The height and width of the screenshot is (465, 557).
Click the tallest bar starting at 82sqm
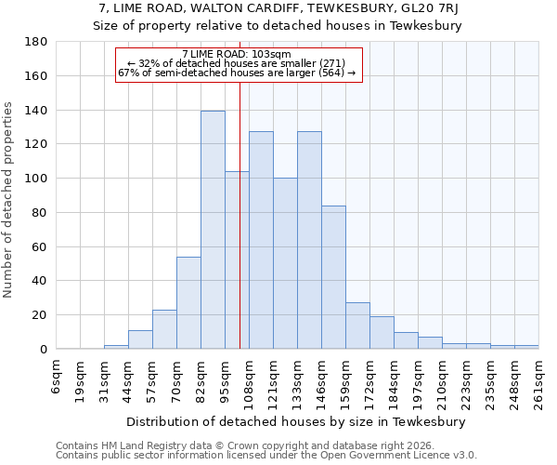pyautogui.click(x=213, y=230)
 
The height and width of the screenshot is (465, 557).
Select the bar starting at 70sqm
pyautogui.click(x=188, y=302)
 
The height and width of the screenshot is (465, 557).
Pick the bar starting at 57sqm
pyautogui.click(x=164, y=329)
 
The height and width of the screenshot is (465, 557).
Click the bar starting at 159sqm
pyautogui.click(x=357, y=325)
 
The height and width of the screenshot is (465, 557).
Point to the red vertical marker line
pyautogui.click(x=240, y=232)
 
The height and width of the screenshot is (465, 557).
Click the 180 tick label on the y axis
pyautogui.click(x=36, y=42)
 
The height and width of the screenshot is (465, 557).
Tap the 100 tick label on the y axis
pyautogui.click(x=36, y=179)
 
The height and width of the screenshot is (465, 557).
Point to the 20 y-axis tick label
pyautogui.click(x=40, y=315)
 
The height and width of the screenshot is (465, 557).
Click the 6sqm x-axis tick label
pyautogui.click(x=57, y=377)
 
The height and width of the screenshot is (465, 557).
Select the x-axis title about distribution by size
pyautogui.click(x=296, y=421)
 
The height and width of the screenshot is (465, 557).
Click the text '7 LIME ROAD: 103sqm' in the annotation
pyautogui.click(x=237, y=54)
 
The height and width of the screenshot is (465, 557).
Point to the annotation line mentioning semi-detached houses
pyautogui.click(x=237, y=73)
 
